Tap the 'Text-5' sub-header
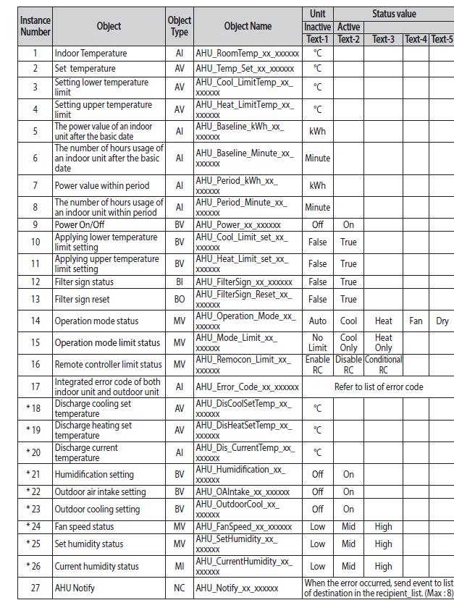(x=441, y=39)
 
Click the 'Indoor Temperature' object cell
(x=91, y=54)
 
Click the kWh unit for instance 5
(x=317, y=131)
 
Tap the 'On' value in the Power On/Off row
(x=348, y=224)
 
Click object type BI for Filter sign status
(x=179, y=282)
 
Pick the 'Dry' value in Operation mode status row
(x=442, y=321)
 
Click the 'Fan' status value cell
(x=416, y=321)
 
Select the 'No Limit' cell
(x=317, y=342)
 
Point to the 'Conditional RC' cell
(x=383, y=364)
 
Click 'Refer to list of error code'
(x=379, y=386)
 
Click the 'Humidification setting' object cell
(x=94, y=475)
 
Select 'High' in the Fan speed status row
(x=383, y=526)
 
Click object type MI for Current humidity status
(x=179, y=566)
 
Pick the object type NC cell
(x=179, y=588)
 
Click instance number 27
(x=35, y=588)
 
